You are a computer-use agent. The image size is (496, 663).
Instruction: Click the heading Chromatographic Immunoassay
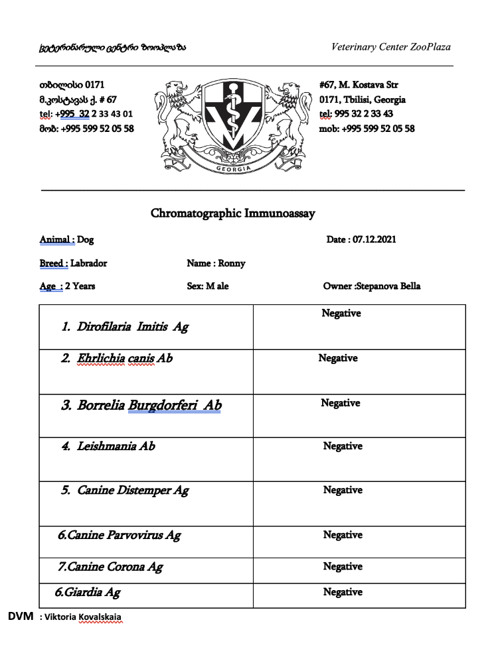pos(232,213)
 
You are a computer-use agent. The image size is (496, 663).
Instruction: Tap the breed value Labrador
pos(88,263)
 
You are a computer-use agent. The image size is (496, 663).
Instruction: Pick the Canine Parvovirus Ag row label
pos(120,535)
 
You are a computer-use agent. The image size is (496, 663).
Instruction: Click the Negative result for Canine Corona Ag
pos(343,566)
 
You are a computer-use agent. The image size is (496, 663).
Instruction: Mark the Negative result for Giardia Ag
pos(343,592)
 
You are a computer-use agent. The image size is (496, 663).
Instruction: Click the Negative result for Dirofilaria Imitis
pos(341,313)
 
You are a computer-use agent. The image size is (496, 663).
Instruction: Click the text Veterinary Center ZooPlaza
pos(391,47)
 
